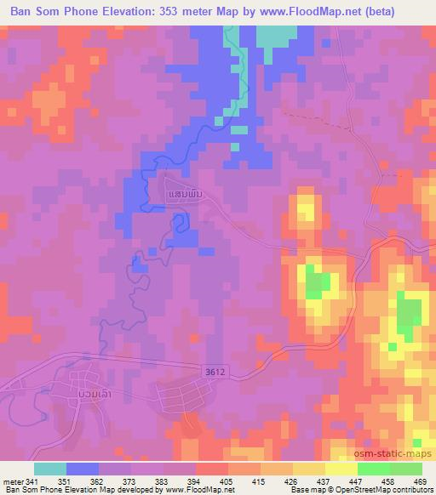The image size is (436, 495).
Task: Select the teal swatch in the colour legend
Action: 50,469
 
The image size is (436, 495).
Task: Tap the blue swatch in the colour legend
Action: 83,469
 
